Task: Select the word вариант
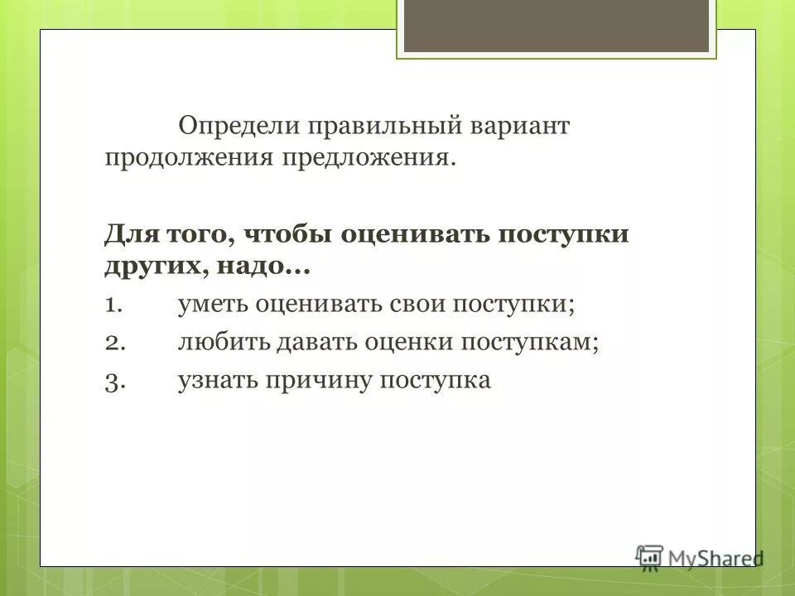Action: click(518, 127)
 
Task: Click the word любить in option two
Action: click(219, 342)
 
